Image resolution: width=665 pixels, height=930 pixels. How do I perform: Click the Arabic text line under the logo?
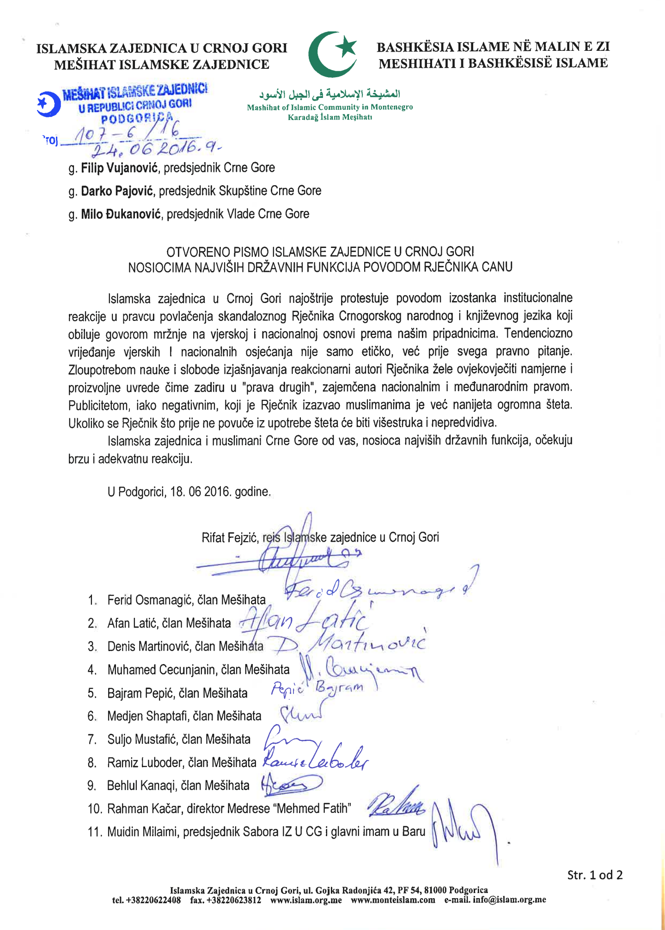click(x=329, y=95)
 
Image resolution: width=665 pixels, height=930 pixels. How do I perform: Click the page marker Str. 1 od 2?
click(x=595, y=875)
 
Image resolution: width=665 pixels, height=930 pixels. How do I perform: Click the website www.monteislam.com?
click(x=393, y=900)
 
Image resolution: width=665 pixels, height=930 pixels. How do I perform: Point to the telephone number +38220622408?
click(x=153, y=900)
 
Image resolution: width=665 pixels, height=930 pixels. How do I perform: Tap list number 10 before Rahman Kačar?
click(x=95, y=809)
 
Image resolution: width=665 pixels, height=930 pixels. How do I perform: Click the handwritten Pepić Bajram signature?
click(x=317, y=688)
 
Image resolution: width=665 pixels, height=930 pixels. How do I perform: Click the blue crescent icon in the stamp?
click(x=49, y=104)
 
